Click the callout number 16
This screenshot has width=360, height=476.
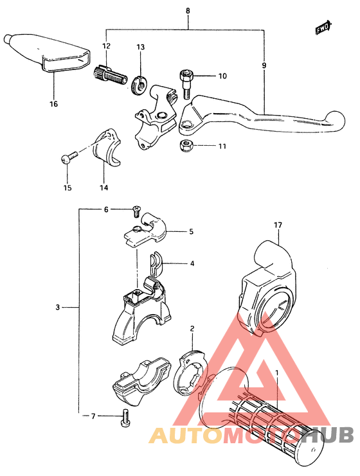pos(53,104)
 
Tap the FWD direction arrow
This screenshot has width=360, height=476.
pos(323,28)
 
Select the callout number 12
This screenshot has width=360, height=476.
pos(106,46)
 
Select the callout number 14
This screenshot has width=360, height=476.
pos(104,188)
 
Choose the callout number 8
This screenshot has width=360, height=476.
pos(188,11)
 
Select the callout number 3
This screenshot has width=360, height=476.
pos(57,308)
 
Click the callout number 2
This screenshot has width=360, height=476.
pos(192,329)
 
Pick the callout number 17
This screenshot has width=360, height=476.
pos(278,225)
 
